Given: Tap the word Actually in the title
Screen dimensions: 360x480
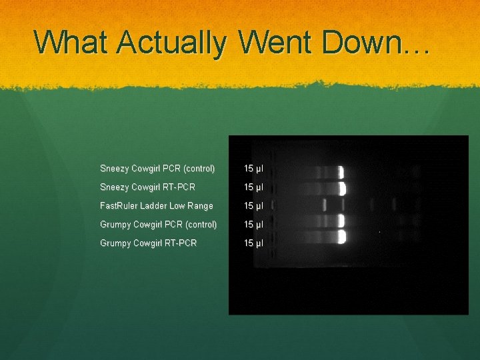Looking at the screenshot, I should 171,43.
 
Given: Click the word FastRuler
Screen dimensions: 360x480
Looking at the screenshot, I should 120,206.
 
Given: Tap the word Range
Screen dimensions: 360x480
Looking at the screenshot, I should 199,206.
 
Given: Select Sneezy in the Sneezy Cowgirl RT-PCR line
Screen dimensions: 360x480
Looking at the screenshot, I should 115,187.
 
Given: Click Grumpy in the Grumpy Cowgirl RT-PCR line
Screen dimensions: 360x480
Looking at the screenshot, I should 115,243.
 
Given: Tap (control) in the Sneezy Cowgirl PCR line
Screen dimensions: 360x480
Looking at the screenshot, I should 199,169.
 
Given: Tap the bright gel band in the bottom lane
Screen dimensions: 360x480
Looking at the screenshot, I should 341,237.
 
